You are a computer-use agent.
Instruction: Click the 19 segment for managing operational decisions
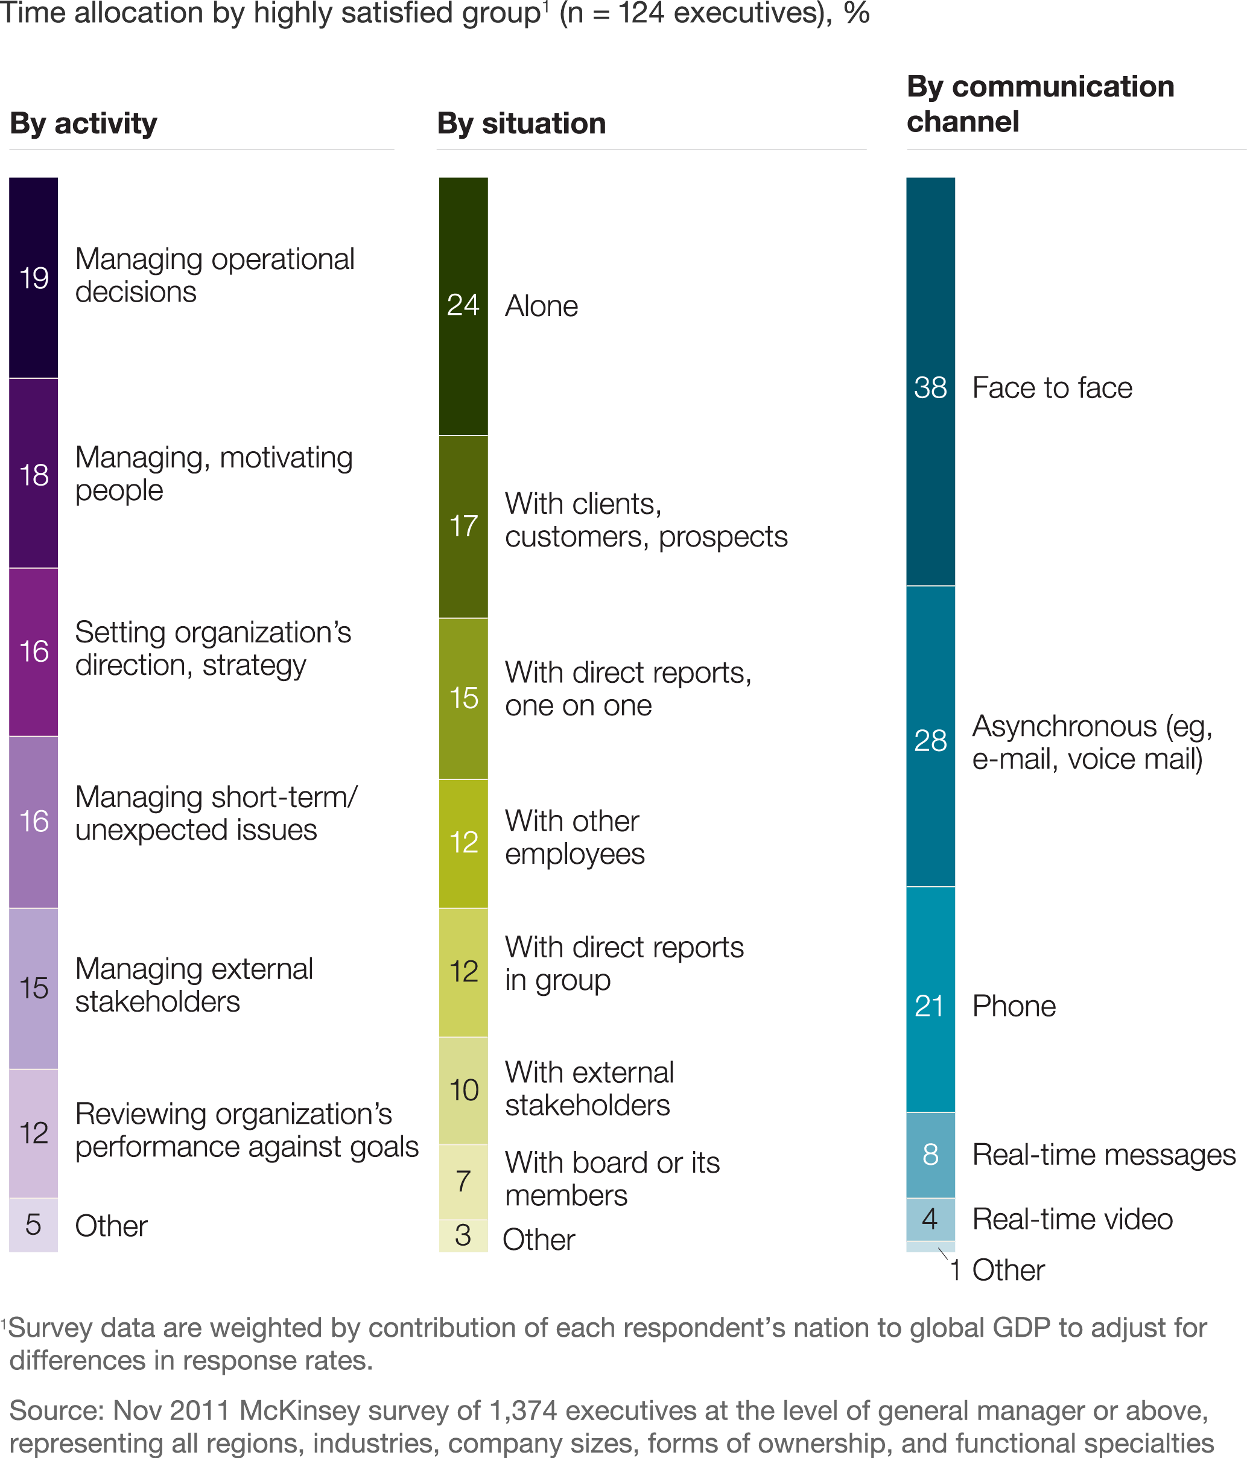click(x=33, y=277)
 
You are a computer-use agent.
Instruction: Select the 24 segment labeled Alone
click(x=463, y=305)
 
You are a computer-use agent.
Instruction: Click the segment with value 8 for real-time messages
click(x=930, y=1154)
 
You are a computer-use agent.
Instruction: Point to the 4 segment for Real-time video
click(x=930, y=1219)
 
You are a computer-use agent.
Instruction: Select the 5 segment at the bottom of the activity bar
click(x=33, y=1225)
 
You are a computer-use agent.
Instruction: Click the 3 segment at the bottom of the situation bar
click(x=463, y=1235)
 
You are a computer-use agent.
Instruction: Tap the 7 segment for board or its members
click(x=463, y=1181)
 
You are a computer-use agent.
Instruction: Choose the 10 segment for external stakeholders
click(x=463, y=1089)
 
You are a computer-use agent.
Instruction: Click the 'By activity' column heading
click(x=83, y=123)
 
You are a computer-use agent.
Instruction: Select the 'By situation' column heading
click(x=521, y=123)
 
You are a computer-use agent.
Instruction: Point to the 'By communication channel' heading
click(x=1039, y=104)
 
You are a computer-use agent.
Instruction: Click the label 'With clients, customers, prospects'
click(x=646, y=520)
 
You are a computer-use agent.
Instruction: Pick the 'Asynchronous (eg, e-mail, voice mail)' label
click(x=1091, y=743)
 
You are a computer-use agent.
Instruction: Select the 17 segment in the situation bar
click(x=463, y=525)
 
